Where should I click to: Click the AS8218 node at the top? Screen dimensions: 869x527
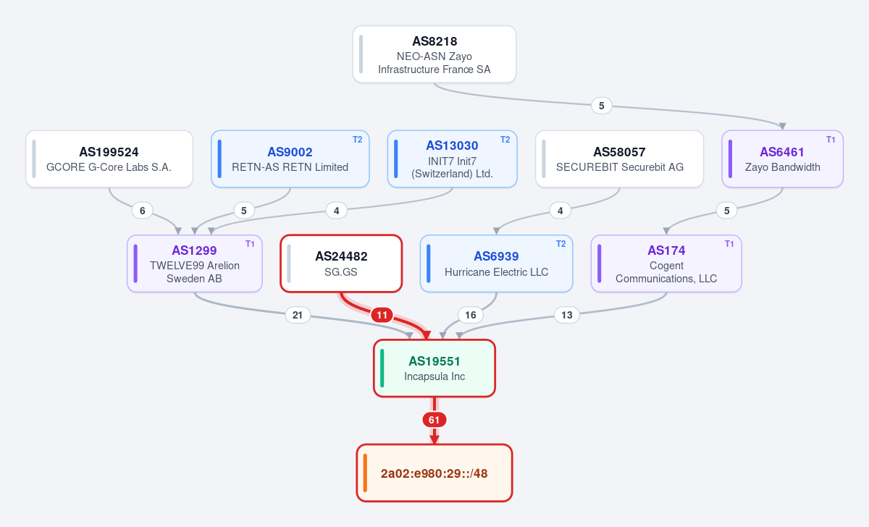pyautogui.click(x=434, y=54)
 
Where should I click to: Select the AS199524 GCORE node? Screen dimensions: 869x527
pyautogui.click(x=109, y=159)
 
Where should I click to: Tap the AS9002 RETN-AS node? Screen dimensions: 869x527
pyautogui.click(x=290, y=159)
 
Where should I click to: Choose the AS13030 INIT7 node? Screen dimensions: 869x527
pyautogui.click(x=452, y=159)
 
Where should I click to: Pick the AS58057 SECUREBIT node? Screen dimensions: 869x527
pyautogui.click(x=619, y=159)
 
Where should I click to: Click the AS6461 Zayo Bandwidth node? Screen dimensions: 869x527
pyautogui.click(x=782, y=159)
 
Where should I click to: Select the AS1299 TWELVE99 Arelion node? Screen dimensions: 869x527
pyautogui.click(x=194, y=263)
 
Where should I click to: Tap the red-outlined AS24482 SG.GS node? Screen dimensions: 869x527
pyautogui.click(x=341, y=263)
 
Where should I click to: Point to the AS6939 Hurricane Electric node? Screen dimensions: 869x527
pyautogui.click(x=496, y=263)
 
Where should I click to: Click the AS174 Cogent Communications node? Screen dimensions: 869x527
pyautogui.click(x=666, y=263)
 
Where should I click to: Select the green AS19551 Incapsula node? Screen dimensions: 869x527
pyautogui.click(x=434, y=368)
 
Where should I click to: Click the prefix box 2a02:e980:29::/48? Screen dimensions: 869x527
pyautogui.click(x=434, y=473)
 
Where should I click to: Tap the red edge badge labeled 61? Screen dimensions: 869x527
pyautogui.click(x=434, y=420)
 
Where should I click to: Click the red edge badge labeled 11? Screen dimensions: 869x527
pyautogui.click(x=382, y=315)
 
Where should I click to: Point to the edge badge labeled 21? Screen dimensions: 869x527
pyautogui.click(x=298, y=315)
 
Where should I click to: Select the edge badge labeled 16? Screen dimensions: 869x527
pyautogui.click(x=471, y=315)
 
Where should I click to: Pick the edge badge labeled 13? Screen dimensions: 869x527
pyautogui.click(x=567, y=315)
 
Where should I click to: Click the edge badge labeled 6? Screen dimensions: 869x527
pyautogui.click(x=143, y=211)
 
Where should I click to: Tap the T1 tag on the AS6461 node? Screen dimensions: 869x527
pyautogui.click(x=831, y=140)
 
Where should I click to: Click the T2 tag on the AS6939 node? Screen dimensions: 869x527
pyautogui.click(x=561, y=244)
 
